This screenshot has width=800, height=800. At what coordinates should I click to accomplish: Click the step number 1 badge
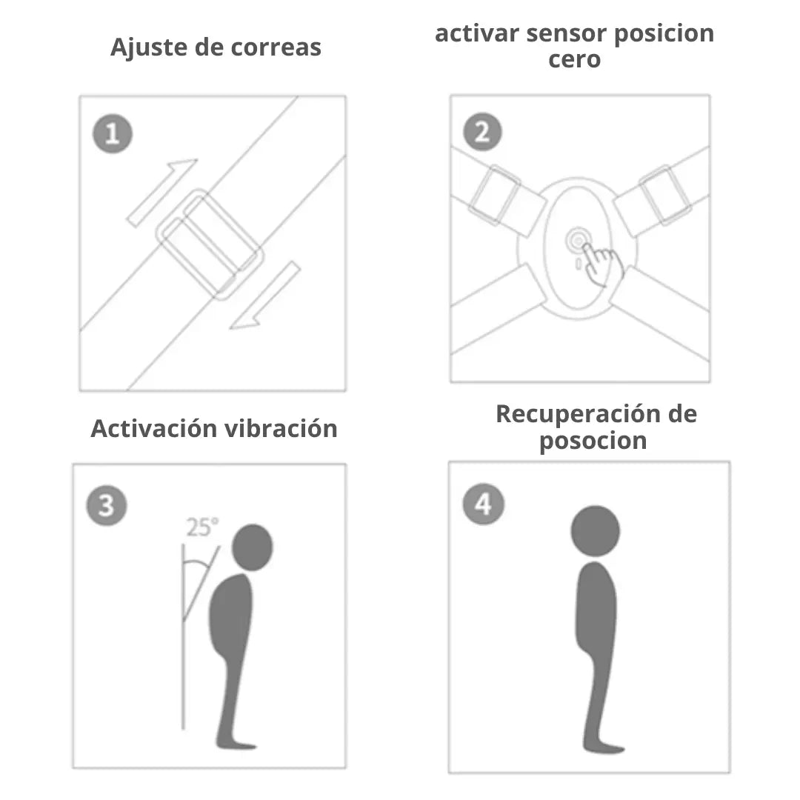tap(112, 134)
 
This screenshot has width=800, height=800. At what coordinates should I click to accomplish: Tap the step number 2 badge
tap(482, 133)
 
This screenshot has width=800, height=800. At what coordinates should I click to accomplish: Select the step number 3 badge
tap(107, 506)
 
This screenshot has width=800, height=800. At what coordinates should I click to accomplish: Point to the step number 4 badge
tap(483, 505)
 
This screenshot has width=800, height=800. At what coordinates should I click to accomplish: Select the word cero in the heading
tap(574, 59)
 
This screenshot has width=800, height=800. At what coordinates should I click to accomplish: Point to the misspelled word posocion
tap(593, 441)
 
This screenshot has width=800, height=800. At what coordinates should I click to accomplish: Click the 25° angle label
tap(202, 527)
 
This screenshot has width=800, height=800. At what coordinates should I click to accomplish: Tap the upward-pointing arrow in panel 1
tap(162, 191)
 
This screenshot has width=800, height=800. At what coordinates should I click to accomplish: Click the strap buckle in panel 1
tap(210, 244)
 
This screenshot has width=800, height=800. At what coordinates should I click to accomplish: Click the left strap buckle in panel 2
tap(495, 196)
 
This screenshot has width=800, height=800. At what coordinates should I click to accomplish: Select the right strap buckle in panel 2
tap(664, 195)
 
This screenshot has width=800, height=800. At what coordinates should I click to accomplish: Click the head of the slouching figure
tap(252, 547)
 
